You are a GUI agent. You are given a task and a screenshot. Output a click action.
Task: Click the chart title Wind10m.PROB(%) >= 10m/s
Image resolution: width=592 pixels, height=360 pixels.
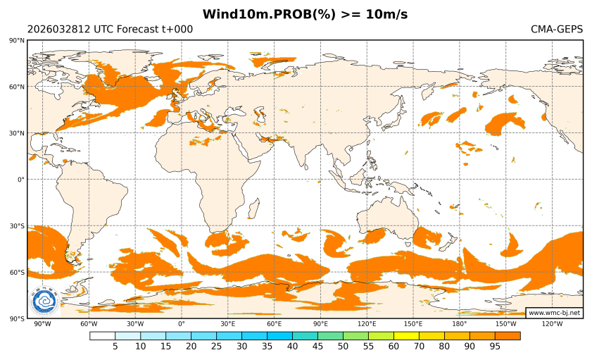click(305, 14)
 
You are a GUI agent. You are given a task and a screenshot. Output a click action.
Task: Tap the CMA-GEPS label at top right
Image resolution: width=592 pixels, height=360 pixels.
click(557, 30)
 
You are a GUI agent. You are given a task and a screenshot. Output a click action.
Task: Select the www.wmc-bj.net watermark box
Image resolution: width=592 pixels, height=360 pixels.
click(554, 312)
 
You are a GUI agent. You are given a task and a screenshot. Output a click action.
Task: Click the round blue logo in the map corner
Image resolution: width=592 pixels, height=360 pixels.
click(44, 302)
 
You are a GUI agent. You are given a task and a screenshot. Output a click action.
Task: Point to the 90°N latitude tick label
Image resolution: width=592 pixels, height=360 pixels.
click(17, 41)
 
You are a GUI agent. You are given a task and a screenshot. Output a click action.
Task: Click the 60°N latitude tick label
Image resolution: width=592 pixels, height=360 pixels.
click(17, 87)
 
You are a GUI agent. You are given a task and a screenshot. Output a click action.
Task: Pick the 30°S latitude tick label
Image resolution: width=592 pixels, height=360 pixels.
click(17, 226)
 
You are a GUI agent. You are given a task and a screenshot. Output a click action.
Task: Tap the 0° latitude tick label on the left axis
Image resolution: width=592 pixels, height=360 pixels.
click(21, 180)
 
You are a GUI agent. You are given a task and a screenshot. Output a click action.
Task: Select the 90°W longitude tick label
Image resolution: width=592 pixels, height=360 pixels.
click(42, 324)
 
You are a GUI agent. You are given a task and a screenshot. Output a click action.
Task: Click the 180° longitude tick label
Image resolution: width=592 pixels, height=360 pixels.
click(460, 324)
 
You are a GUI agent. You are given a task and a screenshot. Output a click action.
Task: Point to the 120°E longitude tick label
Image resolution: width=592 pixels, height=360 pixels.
click(367, 324)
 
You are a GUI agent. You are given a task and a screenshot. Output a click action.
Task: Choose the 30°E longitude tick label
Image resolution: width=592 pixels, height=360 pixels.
click(227, 324)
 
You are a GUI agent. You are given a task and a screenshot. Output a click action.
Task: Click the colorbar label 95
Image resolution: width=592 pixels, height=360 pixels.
click(495, 346)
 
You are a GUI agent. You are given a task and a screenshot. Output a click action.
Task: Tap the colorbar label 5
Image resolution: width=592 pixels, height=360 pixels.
click(115, 346)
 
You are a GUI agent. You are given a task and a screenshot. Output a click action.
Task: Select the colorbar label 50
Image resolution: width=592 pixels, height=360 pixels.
click(343, 346)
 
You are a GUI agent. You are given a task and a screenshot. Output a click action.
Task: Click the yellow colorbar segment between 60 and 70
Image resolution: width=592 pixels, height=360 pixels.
click(406, 335)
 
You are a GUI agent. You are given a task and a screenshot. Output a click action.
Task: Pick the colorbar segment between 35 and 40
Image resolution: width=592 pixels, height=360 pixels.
click(279, 335)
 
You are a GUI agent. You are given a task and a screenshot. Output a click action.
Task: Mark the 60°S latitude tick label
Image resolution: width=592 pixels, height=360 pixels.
click(17, 273)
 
